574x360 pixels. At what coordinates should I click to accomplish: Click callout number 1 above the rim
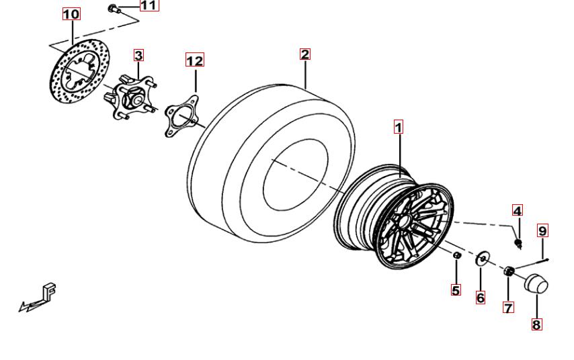399,127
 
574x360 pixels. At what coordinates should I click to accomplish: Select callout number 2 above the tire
305,54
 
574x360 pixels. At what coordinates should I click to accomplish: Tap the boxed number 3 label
138,55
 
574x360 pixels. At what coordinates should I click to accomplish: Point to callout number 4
518,210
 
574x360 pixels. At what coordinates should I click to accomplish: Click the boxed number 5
456,290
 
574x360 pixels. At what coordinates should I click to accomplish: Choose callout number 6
481,298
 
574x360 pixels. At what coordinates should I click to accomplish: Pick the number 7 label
509,308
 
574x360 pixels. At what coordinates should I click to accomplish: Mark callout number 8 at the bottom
536,324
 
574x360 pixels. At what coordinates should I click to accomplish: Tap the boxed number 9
543,230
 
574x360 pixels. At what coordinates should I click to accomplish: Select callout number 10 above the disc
71,14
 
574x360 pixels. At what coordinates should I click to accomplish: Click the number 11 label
149,5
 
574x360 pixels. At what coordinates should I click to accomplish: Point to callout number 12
195,60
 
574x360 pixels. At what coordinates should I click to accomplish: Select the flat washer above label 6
483,259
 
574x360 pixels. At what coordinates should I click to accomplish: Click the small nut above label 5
457,255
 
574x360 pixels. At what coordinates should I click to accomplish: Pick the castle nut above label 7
509,271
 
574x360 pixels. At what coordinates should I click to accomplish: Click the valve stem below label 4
518,243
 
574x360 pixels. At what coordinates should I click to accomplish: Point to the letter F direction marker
48,291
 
